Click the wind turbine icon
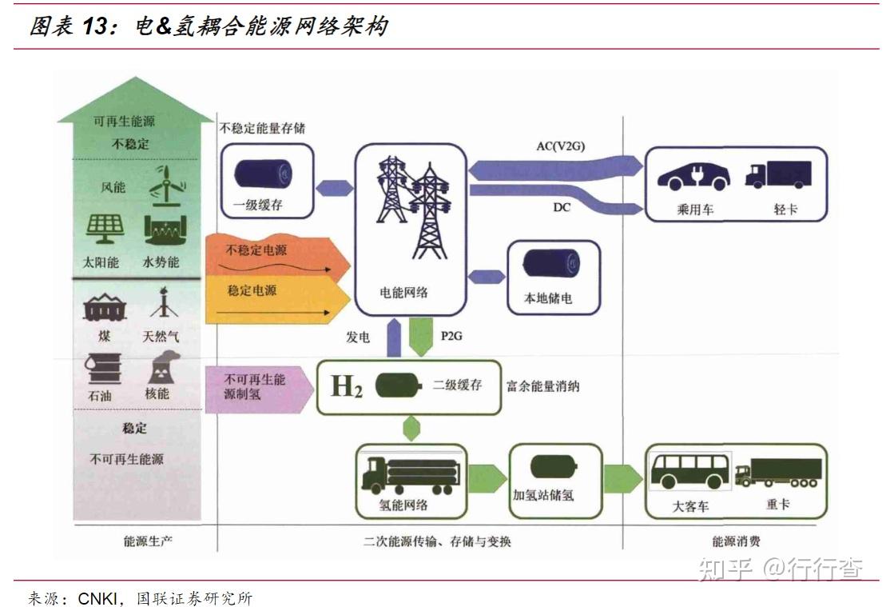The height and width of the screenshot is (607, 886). pyautogui.click(x=167, y=185)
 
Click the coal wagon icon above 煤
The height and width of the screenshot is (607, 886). pyautogui.click(x=105, y=307)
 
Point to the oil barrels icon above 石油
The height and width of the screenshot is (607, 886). pyautogui.click(x=104, y=369)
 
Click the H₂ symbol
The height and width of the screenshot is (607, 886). pyautogui.click(x=347, y=388)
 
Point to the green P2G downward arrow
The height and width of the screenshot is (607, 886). pyautogui.click(x=420, y=336)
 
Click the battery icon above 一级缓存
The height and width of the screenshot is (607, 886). pyautogui.click(x=263, y=174)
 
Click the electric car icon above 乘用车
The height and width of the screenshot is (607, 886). pyautogui.click(x=692, y=175)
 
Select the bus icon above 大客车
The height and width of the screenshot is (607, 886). pyautogui.click(x=689, y=471)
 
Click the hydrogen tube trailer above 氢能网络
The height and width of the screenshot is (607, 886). pyautogui.click(x=407, y=473)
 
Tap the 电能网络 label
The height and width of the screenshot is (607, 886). pyautogui.click(x=403, y=292)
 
